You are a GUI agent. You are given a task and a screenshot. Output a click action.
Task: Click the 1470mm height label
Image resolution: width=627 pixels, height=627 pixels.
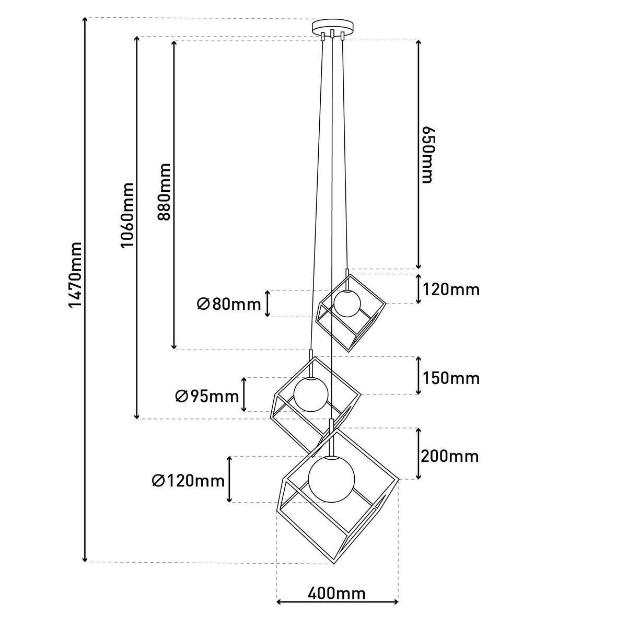[75, 275]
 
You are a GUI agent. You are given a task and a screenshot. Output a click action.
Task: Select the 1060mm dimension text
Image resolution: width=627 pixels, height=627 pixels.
[127, 215]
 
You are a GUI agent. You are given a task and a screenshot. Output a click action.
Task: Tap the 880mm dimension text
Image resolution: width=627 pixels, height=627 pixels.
[164, 192]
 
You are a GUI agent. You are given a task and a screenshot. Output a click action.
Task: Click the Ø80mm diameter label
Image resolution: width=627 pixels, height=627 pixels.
[229, 305]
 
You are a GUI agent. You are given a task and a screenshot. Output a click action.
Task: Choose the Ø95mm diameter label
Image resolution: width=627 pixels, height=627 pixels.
[207, 396]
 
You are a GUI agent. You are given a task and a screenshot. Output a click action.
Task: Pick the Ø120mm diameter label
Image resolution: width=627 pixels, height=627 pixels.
[189, 481]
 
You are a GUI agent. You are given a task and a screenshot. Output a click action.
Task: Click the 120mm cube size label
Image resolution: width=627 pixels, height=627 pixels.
[451, 289]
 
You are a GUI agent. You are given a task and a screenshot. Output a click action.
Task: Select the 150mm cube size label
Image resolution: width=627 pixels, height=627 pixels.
[451, 378]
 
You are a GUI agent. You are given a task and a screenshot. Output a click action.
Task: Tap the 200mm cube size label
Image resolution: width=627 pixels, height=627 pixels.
[450, 457]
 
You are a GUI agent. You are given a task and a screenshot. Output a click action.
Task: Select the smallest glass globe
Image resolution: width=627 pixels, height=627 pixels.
[347, 303]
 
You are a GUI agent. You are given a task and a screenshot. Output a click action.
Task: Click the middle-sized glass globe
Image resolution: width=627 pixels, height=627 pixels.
[311, 394]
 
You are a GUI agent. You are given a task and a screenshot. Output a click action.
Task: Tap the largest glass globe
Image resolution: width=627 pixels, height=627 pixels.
[332, 479]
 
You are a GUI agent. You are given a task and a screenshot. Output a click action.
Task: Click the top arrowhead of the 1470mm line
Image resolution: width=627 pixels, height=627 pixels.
[85, 19]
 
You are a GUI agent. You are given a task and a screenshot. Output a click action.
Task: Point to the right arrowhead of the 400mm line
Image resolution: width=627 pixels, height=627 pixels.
[396, 611]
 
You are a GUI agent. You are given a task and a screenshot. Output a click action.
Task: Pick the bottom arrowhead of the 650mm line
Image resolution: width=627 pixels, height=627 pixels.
[419, 266]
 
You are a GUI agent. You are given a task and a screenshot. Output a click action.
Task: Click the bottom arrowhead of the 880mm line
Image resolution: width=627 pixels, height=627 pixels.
[174, 347]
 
